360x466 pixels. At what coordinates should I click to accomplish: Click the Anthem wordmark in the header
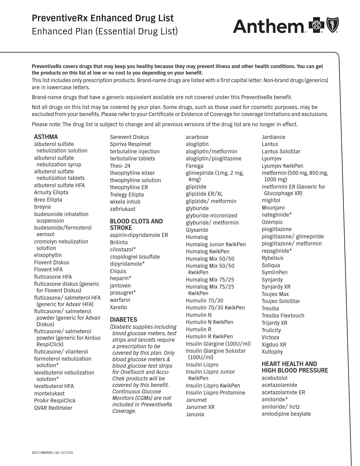(x=268, y=26)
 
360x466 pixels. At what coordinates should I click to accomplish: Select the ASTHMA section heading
(x=46, y=137)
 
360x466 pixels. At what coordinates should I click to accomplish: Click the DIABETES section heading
(x=123, y=319)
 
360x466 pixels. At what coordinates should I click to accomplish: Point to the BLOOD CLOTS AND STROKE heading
(x=136, y=225)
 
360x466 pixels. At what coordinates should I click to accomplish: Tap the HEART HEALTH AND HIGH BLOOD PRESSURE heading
(x=295, y=367)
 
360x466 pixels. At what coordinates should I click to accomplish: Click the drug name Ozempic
(x=272, y=222)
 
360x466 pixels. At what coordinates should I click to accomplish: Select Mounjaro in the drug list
(x=273, y=208)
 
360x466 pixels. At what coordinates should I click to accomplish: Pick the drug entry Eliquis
(x=118, y=271)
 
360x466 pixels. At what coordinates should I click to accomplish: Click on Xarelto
(x=118, y=307)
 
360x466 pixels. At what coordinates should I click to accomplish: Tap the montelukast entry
(x=49, y=393)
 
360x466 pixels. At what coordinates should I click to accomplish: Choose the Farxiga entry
(x=194, y=166)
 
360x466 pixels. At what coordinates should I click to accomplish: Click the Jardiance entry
(x=273, y=137)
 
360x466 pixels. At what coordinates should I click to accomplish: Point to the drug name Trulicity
(x=271, y=330)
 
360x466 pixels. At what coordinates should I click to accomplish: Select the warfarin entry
(x=120, y=300)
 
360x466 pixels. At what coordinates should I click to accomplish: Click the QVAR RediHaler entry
(x=53, y=408)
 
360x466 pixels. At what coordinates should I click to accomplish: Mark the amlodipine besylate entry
(x=286, y=414)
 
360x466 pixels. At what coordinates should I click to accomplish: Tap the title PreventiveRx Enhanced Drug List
(x=102, y=18)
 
